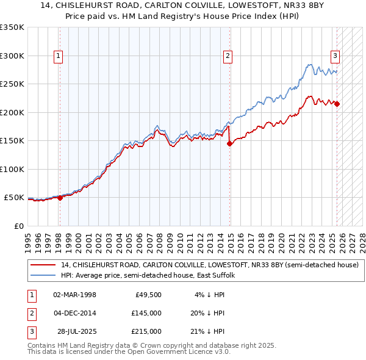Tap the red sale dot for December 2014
[x=230, y=144]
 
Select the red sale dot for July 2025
[x=337, y=104]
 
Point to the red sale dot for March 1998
[x=60, y=198]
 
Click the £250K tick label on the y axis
[x=12, y=84]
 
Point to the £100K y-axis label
[x=12, y=169]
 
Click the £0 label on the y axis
[x=18, y=226]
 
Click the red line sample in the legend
[x=44, y=265]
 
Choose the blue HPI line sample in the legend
[x=44, y=275]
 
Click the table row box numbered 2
[x=31, y=313]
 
